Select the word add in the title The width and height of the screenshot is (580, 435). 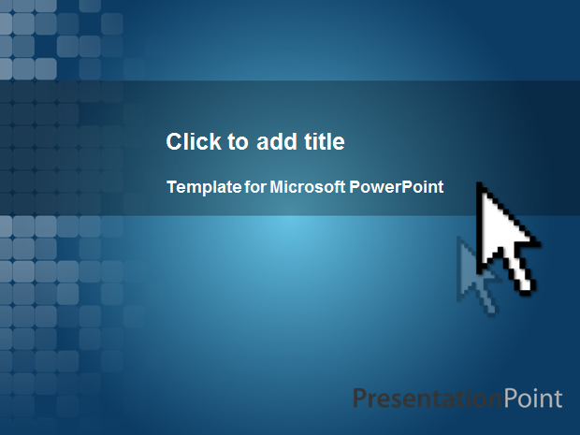click(x=277, y=141)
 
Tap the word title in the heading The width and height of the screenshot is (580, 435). click(x=325, y=141)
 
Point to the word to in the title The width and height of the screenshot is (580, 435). click(x=238, y=142)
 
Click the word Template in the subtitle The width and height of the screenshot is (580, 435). click(x=204, y=187)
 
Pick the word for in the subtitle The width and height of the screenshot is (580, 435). click(x=255, y=187)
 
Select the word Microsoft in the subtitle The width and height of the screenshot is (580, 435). click(x=308, y=187)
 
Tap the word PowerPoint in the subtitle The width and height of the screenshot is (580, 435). click(x=396, y=187)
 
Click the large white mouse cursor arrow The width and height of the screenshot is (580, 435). click(x=500, y=237)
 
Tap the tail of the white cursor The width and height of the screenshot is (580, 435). click(x=526, y=289)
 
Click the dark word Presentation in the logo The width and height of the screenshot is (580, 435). click(x=428, y=399)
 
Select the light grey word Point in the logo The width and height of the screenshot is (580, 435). click(x=532, y=399)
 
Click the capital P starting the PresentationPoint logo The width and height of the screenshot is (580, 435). click(x=360, y=398)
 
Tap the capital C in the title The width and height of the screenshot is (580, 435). click(x=175, y=141)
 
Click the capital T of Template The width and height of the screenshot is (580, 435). click(x=173, y=187)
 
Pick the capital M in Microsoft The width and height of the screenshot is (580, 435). click(x=277, y=187)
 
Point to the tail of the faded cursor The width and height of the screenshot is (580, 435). click(x=491, y=310)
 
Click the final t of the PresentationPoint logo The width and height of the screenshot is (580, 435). click(x=558, y=399)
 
